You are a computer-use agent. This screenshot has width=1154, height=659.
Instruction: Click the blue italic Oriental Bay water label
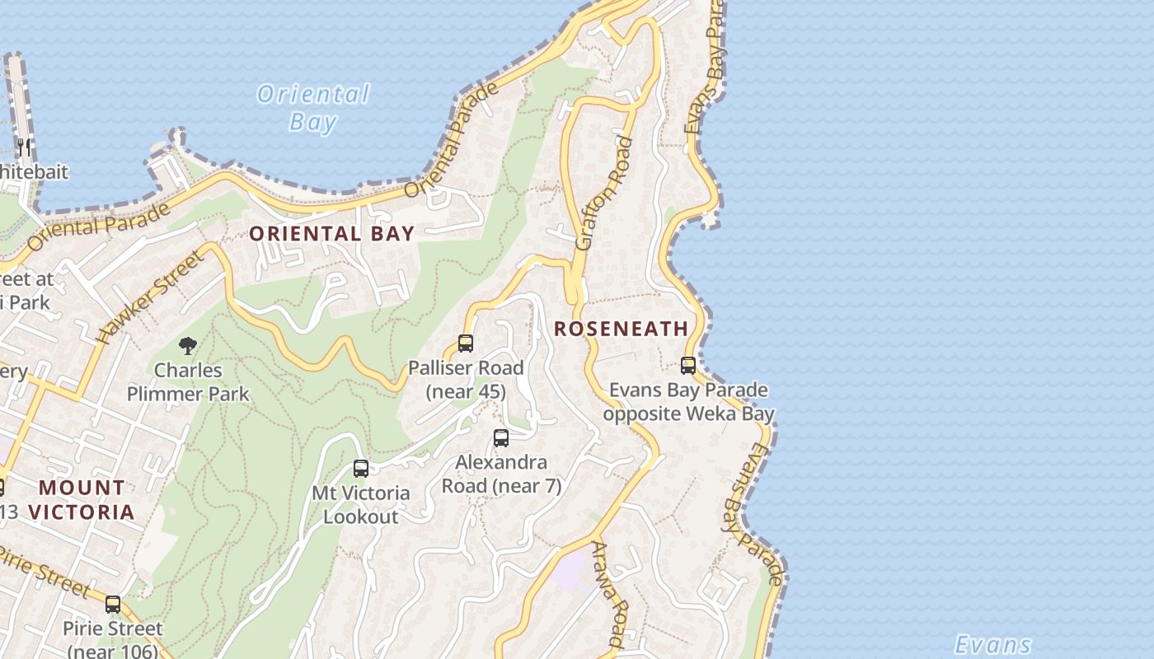312,108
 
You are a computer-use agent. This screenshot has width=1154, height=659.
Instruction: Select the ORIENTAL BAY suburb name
331,234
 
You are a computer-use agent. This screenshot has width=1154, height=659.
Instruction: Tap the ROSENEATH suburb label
621,329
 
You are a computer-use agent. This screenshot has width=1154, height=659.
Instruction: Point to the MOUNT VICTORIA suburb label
82,500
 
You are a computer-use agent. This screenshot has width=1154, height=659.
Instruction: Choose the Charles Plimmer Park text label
188,382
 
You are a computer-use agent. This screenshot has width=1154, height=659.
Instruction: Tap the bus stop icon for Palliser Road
466,344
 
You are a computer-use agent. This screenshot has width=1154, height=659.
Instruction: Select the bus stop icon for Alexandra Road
501,438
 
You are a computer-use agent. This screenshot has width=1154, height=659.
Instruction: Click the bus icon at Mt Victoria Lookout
361,469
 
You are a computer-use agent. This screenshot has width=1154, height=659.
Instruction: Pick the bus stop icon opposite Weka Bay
688,366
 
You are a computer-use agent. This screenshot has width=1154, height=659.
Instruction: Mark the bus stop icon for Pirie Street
113,605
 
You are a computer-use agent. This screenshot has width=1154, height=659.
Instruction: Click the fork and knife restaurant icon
24,148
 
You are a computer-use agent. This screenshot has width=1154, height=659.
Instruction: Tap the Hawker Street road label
149,298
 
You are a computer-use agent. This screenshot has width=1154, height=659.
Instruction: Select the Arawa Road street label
611,593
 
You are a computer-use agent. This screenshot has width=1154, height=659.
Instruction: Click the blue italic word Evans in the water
992,644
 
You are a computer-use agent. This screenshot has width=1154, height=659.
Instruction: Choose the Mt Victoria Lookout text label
360,505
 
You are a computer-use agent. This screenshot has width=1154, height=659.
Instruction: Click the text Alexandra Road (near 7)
501,474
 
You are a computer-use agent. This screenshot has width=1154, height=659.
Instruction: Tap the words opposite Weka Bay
688,414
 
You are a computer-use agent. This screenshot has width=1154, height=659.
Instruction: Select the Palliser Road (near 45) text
466,380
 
